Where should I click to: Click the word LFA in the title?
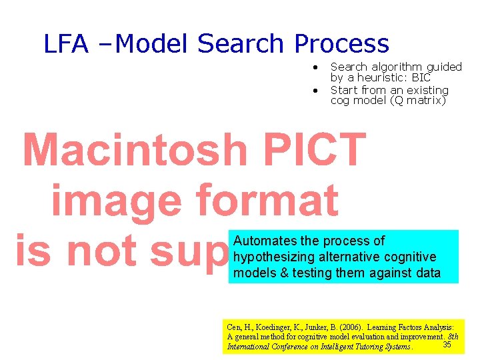pyautogui.click(x=66, y=44)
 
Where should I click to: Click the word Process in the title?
pyautogui.click(x=341, y=44)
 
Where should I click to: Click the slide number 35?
pyautogui.click(x=447, y=344)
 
